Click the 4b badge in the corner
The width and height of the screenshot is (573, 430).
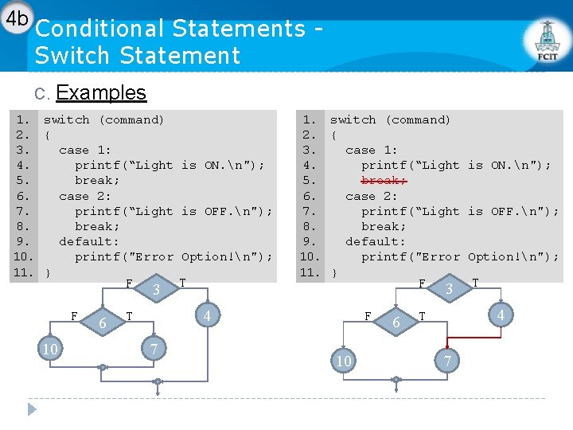[x=15, y=18]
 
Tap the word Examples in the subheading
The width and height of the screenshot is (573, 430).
[x=101, y=92]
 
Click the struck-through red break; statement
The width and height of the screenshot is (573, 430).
[x=384, y=180]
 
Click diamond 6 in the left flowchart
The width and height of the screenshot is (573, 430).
[x=103, y=322]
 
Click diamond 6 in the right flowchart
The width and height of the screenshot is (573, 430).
[x=396, y=322]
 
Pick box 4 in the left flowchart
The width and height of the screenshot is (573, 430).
[x=208, y=316]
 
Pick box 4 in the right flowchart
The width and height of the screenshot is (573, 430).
[x=501, y=316]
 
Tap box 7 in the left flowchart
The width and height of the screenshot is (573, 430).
[x=155, y=350]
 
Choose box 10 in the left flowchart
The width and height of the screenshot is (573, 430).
[x=49, y=350]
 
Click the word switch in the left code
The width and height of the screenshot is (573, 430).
[x=66, y=119]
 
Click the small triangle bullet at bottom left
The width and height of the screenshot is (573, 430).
[x=32, y=409]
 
